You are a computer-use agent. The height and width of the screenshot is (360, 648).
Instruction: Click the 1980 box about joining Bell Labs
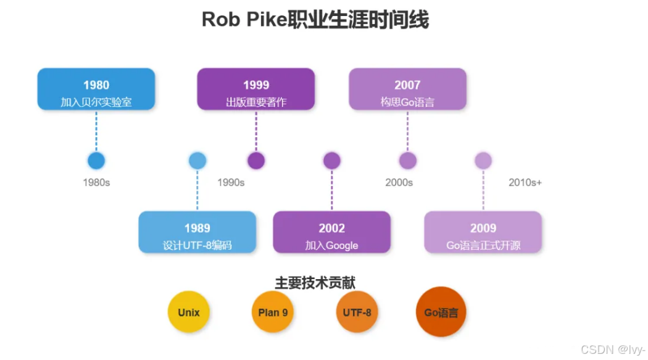(96, 90)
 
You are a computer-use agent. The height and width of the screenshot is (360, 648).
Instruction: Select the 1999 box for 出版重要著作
(255, 90)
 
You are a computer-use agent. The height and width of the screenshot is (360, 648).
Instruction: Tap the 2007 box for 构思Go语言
(407, 90)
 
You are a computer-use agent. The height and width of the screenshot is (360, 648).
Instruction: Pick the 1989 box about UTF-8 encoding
(197, 232)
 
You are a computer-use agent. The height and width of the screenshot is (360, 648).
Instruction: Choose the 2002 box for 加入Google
(331, 232)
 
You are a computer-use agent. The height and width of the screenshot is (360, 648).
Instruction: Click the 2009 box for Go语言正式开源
(483, 232)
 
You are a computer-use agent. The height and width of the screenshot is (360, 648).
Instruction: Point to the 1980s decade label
(96, 183)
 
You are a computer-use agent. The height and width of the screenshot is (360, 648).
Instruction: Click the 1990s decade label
(231, 183)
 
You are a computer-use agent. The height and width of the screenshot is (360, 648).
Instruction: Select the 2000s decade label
(399, 183)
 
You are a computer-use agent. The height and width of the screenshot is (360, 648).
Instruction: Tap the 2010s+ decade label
(525, 183)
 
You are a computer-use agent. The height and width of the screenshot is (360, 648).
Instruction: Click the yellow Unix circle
(188, 312)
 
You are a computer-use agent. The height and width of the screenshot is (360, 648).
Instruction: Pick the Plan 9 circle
(273, 312)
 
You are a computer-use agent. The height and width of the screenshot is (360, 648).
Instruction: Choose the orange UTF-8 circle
(357, 312)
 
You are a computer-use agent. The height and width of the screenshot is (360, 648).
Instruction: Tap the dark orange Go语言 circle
(441, 312)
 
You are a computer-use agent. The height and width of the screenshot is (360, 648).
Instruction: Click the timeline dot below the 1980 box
(96, 161)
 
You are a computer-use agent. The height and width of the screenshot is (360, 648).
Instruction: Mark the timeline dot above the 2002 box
(332, 161)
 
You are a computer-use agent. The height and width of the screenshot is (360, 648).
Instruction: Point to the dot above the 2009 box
(483, 161)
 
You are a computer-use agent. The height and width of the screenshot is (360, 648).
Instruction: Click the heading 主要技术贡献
(315, 283)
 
